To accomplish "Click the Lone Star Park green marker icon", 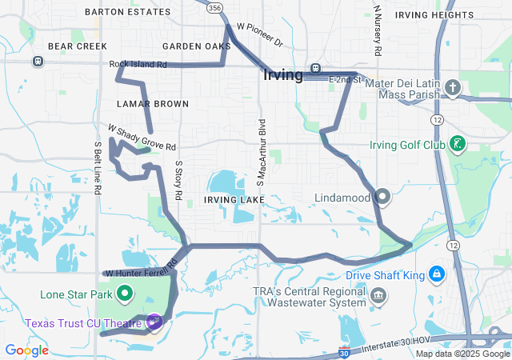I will click(x=125, y=294).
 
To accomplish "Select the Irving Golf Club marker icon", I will click(x=457, y=145).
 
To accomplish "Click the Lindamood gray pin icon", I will click(x=382, y=196).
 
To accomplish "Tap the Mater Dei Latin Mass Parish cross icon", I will click(x=453, y=87).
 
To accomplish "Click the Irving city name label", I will click(x=282, y=76).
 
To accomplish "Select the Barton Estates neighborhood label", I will click(x=127, y=12).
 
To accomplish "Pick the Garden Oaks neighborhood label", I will click(x=196, y=46).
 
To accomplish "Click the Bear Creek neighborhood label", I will click(x=77, y=46).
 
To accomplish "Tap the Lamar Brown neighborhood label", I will click(x=152, y=104).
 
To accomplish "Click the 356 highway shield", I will click(x=214, y=6).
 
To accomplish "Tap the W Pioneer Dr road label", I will click(x=260, y=38).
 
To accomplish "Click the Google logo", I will click(x=26, y=350).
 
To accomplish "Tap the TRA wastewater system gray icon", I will click(x=378, y=298).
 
